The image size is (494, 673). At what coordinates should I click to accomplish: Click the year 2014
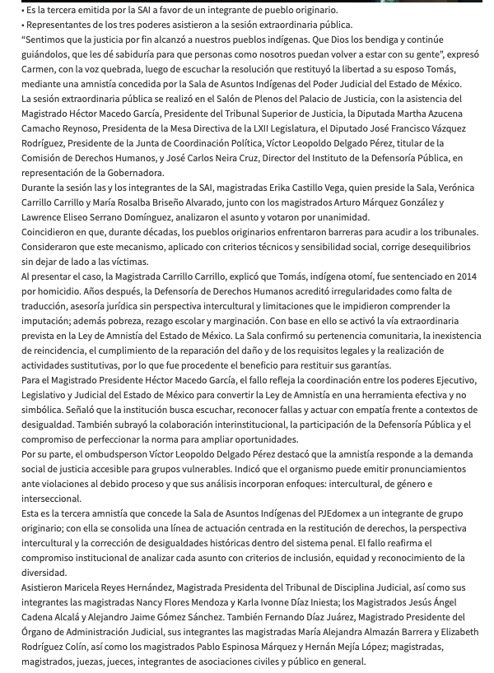pos(465,276)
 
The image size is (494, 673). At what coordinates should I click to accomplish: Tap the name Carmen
pos(40,69)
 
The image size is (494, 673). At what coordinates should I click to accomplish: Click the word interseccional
pos(51,499)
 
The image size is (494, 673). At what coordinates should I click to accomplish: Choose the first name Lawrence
pos(44,217)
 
